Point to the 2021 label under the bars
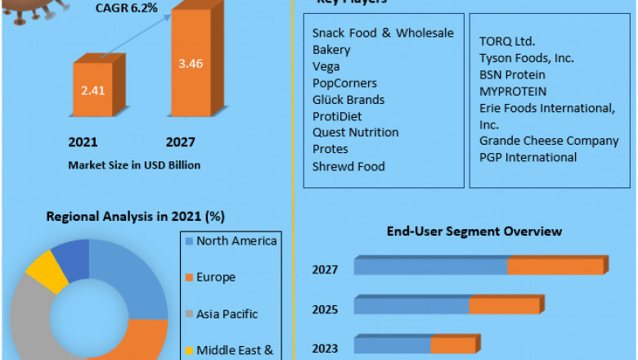click(83, 142)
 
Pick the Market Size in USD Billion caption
click(134, 165)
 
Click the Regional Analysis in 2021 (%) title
click(136, 217)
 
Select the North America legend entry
click(236, 241)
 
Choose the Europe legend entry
click(216, 277)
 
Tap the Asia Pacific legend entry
click(227, 313)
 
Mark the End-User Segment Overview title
click(474, 232)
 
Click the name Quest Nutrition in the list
click(356, 133)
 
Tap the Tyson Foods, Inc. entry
click(527, 58)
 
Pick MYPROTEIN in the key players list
click(513, 91)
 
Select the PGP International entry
click(528, 157)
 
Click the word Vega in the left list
click(326, 66)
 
